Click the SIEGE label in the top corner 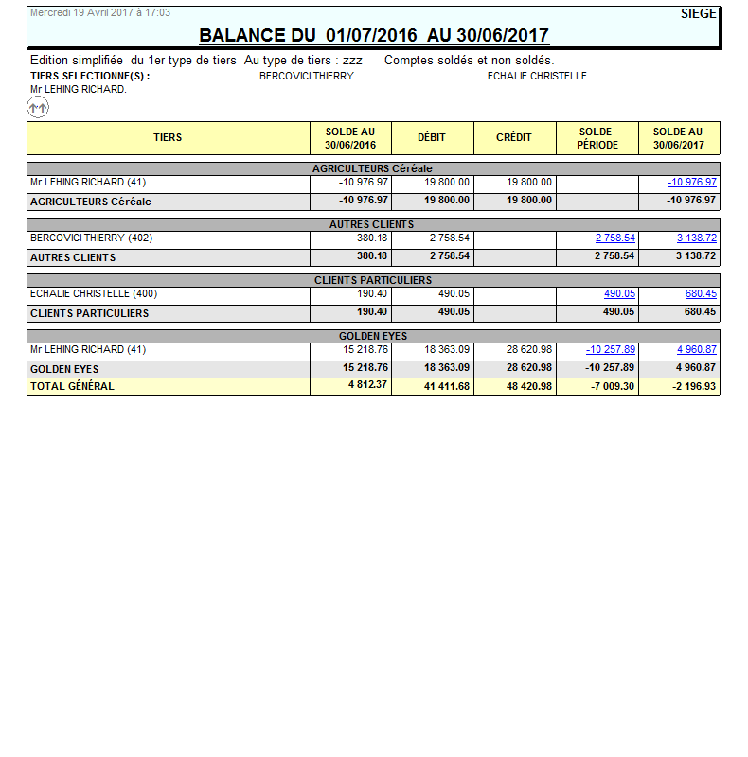(699, 13)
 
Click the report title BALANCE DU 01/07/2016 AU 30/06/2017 (374, 36)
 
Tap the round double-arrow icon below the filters (38, 108)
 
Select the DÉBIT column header (432, 138)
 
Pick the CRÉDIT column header (514, 138)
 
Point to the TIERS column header (168, 138)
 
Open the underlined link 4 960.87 (697, 350)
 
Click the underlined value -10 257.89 (611, 350)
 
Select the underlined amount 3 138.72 (697, 238)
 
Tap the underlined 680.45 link (701, 294)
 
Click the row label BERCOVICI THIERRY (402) (91, 238)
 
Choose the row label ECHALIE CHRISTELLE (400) (94, 294)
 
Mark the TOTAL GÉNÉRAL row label (72, 386)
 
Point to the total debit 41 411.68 (442, 386)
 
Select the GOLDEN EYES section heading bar (373, 336)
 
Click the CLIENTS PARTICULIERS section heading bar (373, 280)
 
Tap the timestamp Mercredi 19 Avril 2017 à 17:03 (100, 13)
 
